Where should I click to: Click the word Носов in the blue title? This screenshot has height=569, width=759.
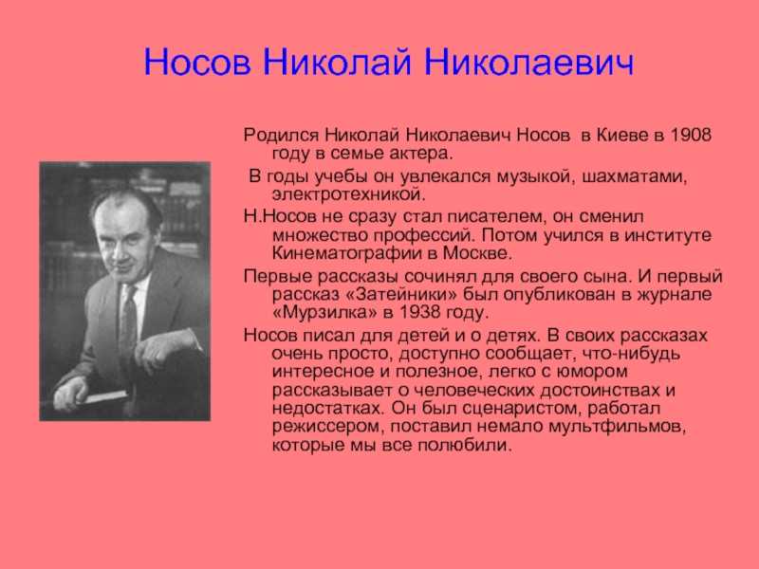(x=197, y=62)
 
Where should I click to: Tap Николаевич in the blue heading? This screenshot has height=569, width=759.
(x=528, y=62)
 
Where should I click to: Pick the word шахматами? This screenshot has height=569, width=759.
(x=634, y=177)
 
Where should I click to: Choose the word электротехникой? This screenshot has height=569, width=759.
(x=348, y=195)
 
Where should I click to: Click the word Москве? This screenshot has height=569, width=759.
(x=477, y=253)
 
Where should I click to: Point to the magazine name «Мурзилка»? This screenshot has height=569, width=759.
(x=324, y=313)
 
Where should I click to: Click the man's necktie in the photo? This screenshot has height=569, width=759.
(x=128, y=321)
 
